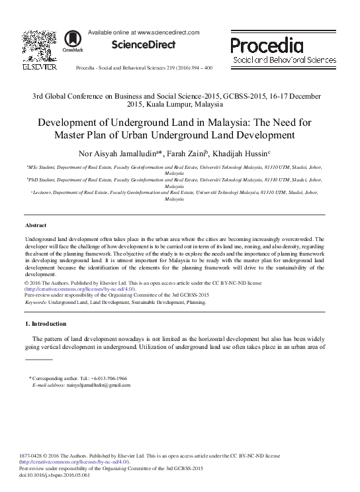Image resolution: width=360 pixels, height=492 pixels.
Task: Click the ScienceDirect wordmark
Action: pyautogui.click(x=142, y=45)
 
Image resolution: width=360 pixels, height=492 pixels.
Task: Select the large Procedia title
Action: pyautogui.click(x=267, y=46)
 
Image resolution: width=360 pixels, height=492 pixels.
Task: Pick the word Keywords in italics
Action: pyautogui.click(x=37, y=302)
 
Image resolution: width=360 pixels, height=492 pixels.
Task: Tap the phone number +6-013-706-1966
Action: pyautogui.click(x=107, y=377)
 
